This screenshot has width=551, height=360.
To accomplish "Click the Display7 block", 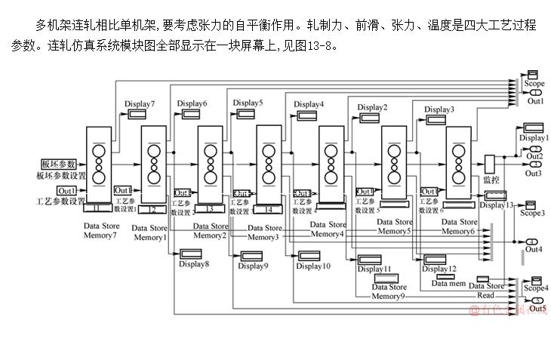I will click(137, 114).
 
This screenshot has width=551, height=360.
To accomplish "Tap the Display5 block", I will click(248, 113).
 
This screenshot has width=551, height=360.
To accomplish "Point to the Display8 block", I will click(194, 254).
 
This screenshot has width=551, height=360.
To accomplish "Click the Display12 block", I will click(435, 260).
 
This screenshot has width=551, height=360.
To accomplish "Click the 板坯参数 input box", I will click(58, 164).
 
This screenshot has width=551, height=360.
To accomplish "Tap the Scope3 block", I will click(530, 205).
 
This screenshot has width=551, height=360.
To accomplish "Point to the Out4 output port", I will click(534, 241).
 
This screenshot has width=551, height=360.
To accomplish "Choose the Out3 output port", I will click(534, 165).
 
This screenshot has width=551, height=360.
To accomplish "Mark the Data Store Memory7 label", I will click(100, 231).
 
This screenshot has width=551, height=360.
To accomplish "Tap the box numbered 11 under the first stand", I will click(97, 209).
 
